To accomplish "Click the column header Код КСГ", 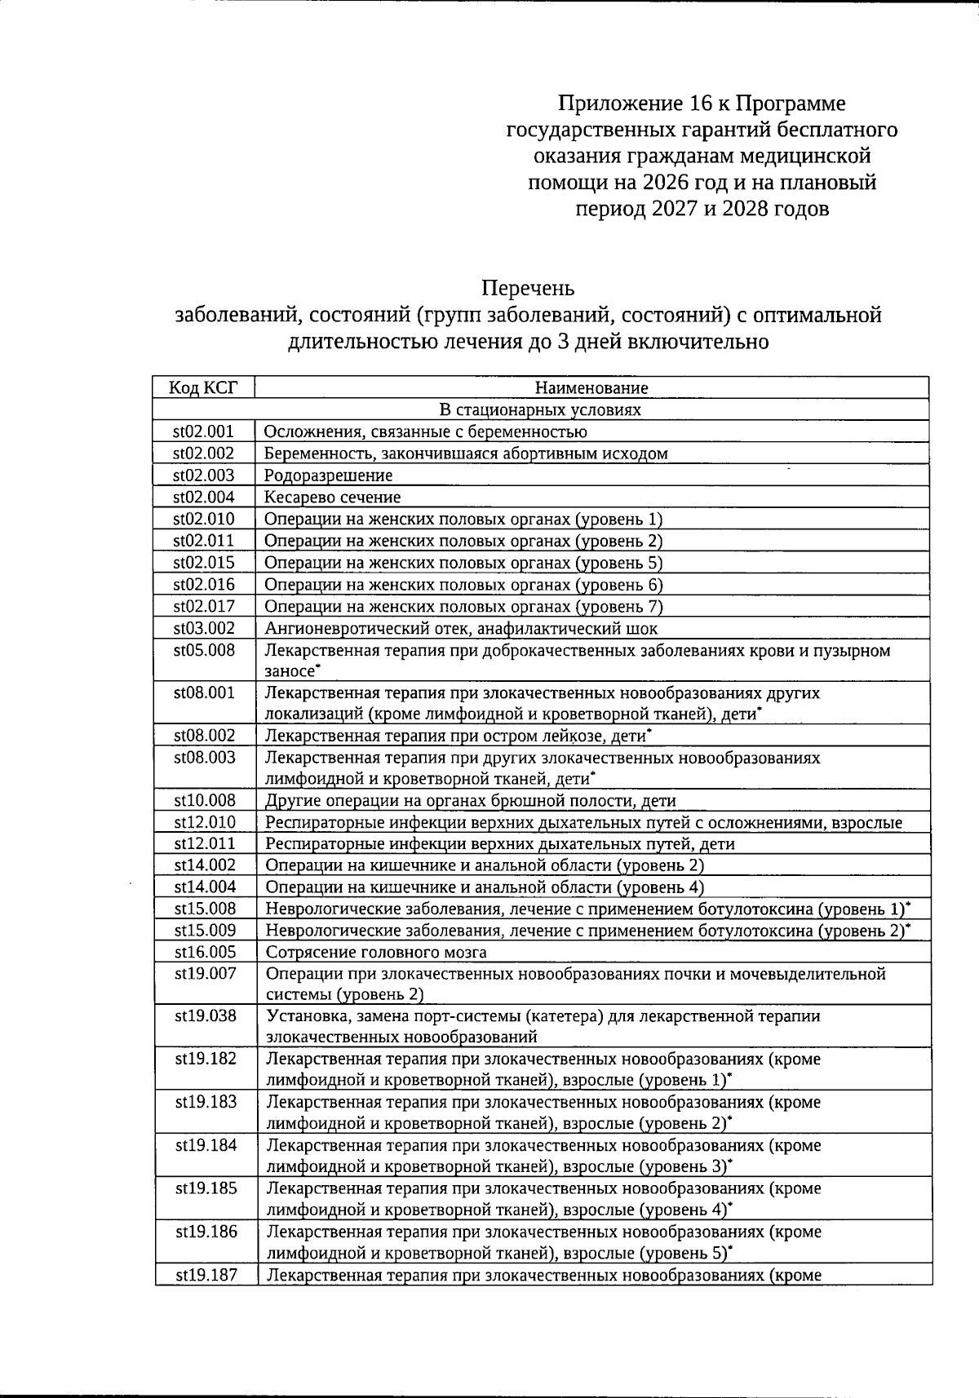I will [x=203, y=387].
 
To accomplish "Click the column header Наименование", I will [x=591, y=388].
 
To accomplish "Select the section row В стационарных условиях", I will [x=540, y=409].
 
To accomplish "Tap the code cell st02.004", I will [x=203, y=497].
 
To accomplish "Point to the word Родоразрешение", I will [x=328, y=476].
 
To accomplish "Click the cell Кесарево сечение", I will [x=332, y=497].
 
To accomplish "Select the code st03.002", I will [x=204, y=628].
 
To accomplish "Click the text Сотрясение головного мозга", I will [x=376, y=952].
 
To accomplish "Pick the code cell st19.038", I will [x=206, y=1016].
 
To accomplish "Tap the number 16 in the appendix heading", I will [x=702, y=104].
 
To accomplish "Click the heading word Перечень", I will [x=528, y=288].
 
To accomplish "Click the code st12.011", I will [x=205, y=844].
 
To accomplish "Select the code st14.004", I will [x=205, y=887].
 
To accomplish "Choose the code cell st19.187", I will [x=206, y=1275].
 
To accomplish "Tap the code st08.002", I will [x=204, y=736].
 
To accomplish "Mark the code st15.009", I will [x=205, y=931].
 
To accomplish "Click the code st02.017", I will [x=204, y=606].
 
